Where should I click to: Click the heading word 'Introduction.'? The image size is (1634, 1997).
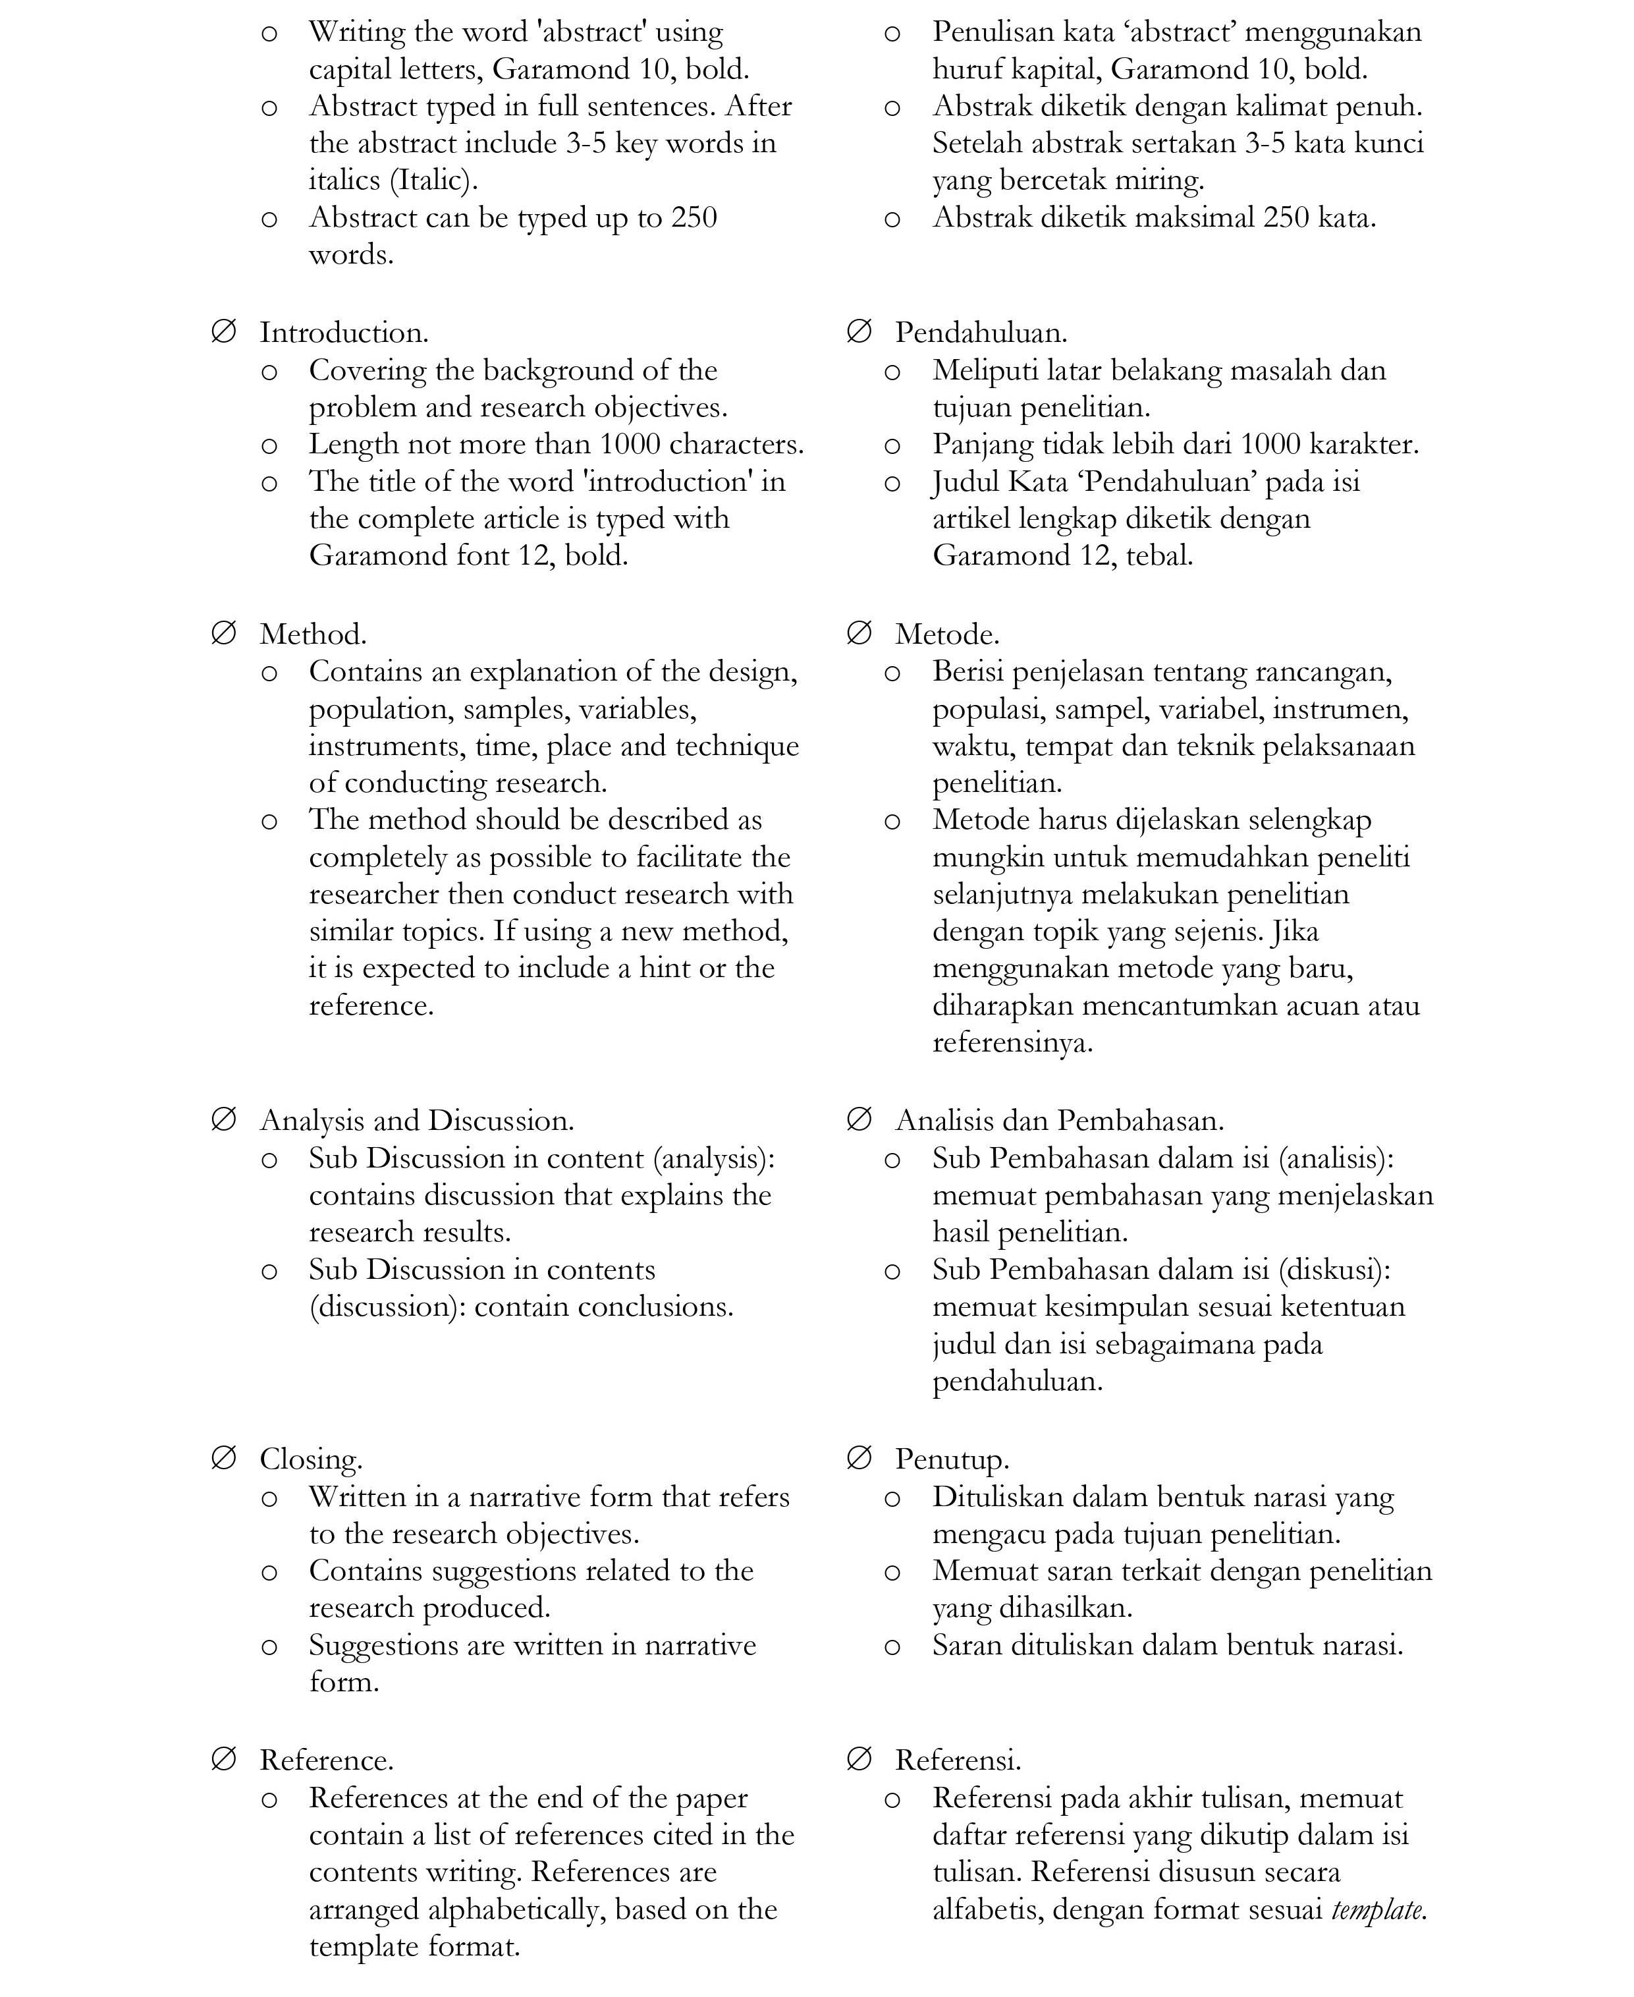pos(344,332)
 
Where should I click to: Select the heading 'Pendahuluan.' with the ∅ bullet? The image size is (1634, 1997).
pos(981,332)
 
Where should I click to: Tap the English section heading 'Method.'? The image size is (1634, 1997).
pos(312,634)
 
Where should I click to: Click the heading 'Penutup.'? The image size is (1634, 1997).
pos(952,1459)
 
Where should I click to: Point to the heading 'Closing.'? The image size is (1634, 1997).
pos(311,1459)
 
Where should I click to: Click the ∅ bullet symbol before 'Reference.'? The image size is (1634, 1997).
pos(223,1758)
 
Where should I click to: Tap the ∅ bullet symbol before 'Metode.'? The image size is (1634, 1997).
pos(858,633)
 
